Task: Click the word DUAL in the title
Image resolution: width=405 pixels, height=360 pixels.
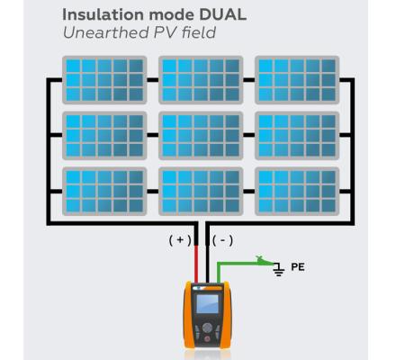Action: click(212, 16)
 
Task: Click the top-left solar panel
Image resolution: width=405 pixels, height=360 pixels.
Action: click(103, 79)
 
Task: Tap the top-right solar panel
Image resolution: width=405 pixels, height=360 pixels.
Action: click(297, 79)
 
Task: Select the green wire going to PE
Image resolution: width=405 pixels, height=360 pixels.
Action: click(238, 262)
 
